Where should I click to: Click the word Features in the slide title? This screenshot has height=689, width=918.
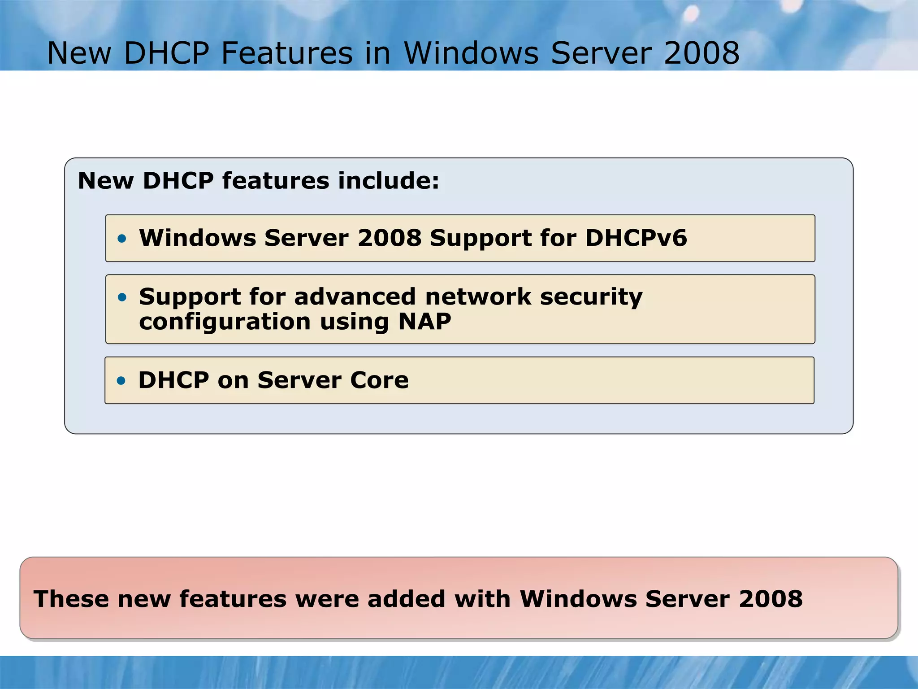pyautogui.click(x=287, y=53)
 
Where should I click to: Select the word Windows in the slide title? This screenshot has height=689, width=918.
pyautogui.click(x=471, y=53)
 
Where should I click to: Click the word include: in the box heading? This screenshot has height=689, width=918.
pyautogui.click(x=389, y=181)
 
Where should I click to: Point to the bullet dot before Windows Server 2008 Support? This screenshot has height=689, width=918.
pyautogui.click(x=122, y=238)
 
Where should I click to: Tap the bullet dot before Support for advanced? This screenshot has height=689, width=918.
pyautogui.click(x=122, y=297)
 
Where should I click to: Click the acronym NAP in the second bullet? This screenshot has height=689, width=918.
pyautogui.click(x=424, y=321)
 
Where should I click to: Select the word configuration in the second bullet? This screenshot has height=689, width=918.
pyautogui.click(x=225, y=322)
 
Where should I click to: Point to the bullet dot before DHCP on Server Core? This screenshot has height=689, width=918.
pyautogui.click(x=121, y=381)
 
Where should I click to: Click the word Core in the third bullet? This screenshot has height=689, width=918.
pyautogui.click(x=379, y=380)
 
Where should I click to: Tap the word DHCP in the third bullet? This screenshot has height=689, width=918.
pyautogui.click(x=173, y=380)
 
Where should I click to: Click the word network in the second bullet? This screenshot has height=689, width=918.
pyautogui.click(x=478, y=297)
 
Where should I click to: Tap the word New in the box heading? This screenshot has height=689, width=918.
pyautogui.click(x=106, y=181)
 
